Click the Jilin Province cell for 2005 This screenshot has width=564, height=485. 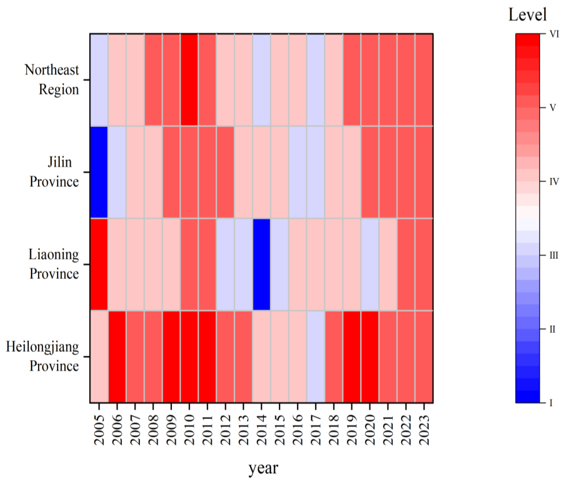(99, 172)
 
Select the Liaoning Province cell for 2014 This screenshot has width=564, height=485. (261, 264)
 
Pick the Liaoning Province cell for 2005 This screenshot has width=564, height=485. (99, 264)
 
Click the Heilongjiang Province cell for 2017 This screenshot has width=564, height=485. (316, 356)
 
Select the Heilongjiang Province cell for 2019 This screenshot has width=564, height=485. (352, 356)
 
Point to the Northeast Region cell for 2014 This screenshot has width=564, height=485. (261, 80)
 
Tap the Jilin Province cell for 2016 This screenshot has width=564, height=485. (298, 172)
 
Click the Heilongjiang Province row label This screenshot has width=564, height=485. (42, 356)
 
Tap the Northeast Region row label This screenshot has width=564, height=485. (52, 80)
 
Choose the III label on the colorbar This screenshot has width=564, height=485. (553, 255)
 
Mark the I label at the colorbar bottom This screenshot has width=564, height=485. (551, 403)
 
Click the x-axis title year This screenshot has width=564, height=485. (263, 468)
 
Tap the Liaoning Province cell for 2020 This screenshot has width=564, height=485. (370, 264)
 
